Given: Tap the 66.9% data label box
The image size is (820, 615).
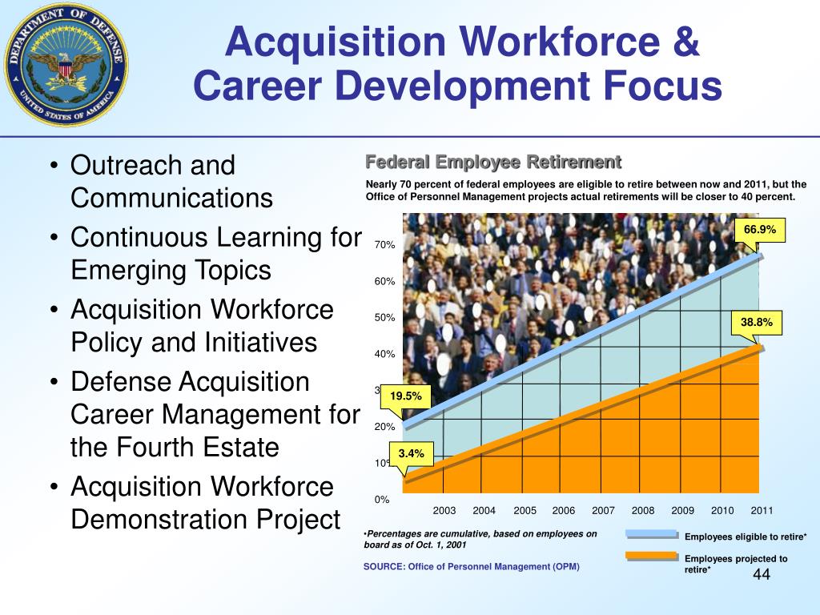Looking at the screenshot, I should [760, 231].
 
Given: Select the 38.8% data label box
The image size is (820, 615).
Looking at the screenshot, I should [757, 323].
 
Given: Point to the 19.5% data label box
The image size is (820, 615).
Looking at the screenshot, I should [405, 396].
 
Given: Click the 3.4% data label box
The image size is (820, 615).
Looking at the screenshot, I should [411, 454].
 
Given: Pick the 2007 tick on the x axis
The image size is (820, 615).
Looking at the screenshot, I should [603, 511].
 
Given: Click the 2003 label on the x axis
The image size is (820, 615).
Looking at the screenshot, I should [444, 511].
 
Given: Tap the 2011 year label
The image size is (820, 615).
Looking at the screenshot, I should [762, 511].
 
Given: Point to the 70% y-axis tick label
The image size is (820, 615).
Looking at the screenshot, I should [385, 244].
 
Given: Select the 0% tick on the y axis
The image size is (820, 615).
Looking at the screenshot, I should [382, 500].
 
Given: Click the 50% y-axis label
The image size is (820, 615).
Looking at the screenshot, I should [385, 318].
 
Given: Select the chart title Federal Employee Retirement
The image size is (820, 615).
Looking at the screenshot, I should [493, 163].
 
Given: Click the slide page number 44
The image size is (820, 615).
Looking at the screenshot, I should [761, 577].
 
